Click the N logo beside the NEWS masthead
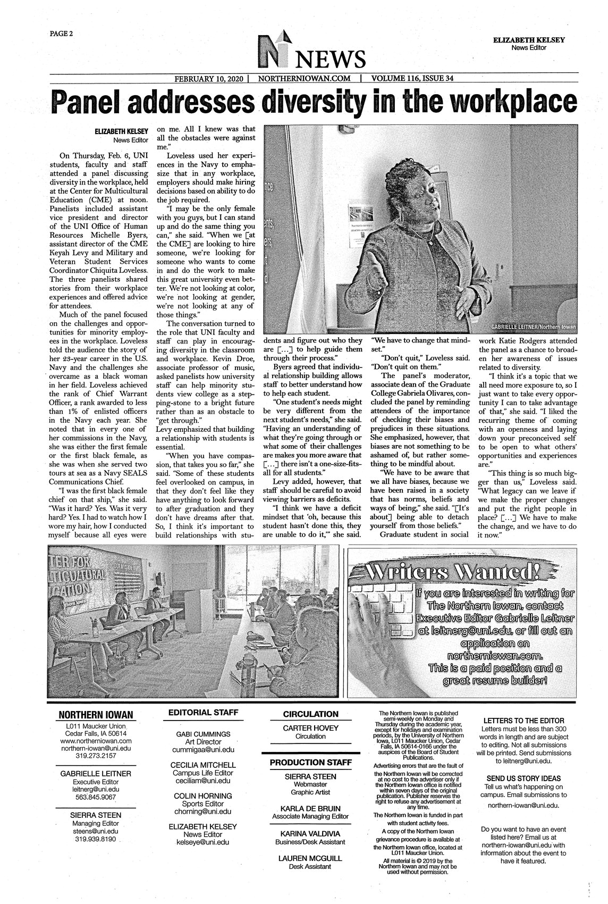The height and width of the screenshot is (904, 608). click(x=274, y=52)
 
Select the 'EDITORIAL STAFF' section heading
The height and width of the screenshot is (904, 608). click(x=204, y=713)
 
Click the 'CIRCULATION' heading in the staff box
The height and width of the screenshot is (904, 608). click(x=310, y=714)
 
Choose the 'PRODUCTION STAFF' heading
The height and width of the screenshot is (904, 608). click(x=310, y=763)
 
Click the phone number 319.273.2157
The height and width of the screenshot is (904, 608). click(x=96, y=755)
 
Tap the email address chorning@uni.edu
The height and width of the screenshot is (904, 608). click(x=203, y=812)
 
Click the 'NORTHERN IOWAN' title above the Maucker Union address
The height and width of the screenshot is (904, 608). click(x=96, y=715)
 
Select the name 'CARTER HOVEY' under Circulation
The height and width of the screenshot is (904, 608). click(x=310, y=728)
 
